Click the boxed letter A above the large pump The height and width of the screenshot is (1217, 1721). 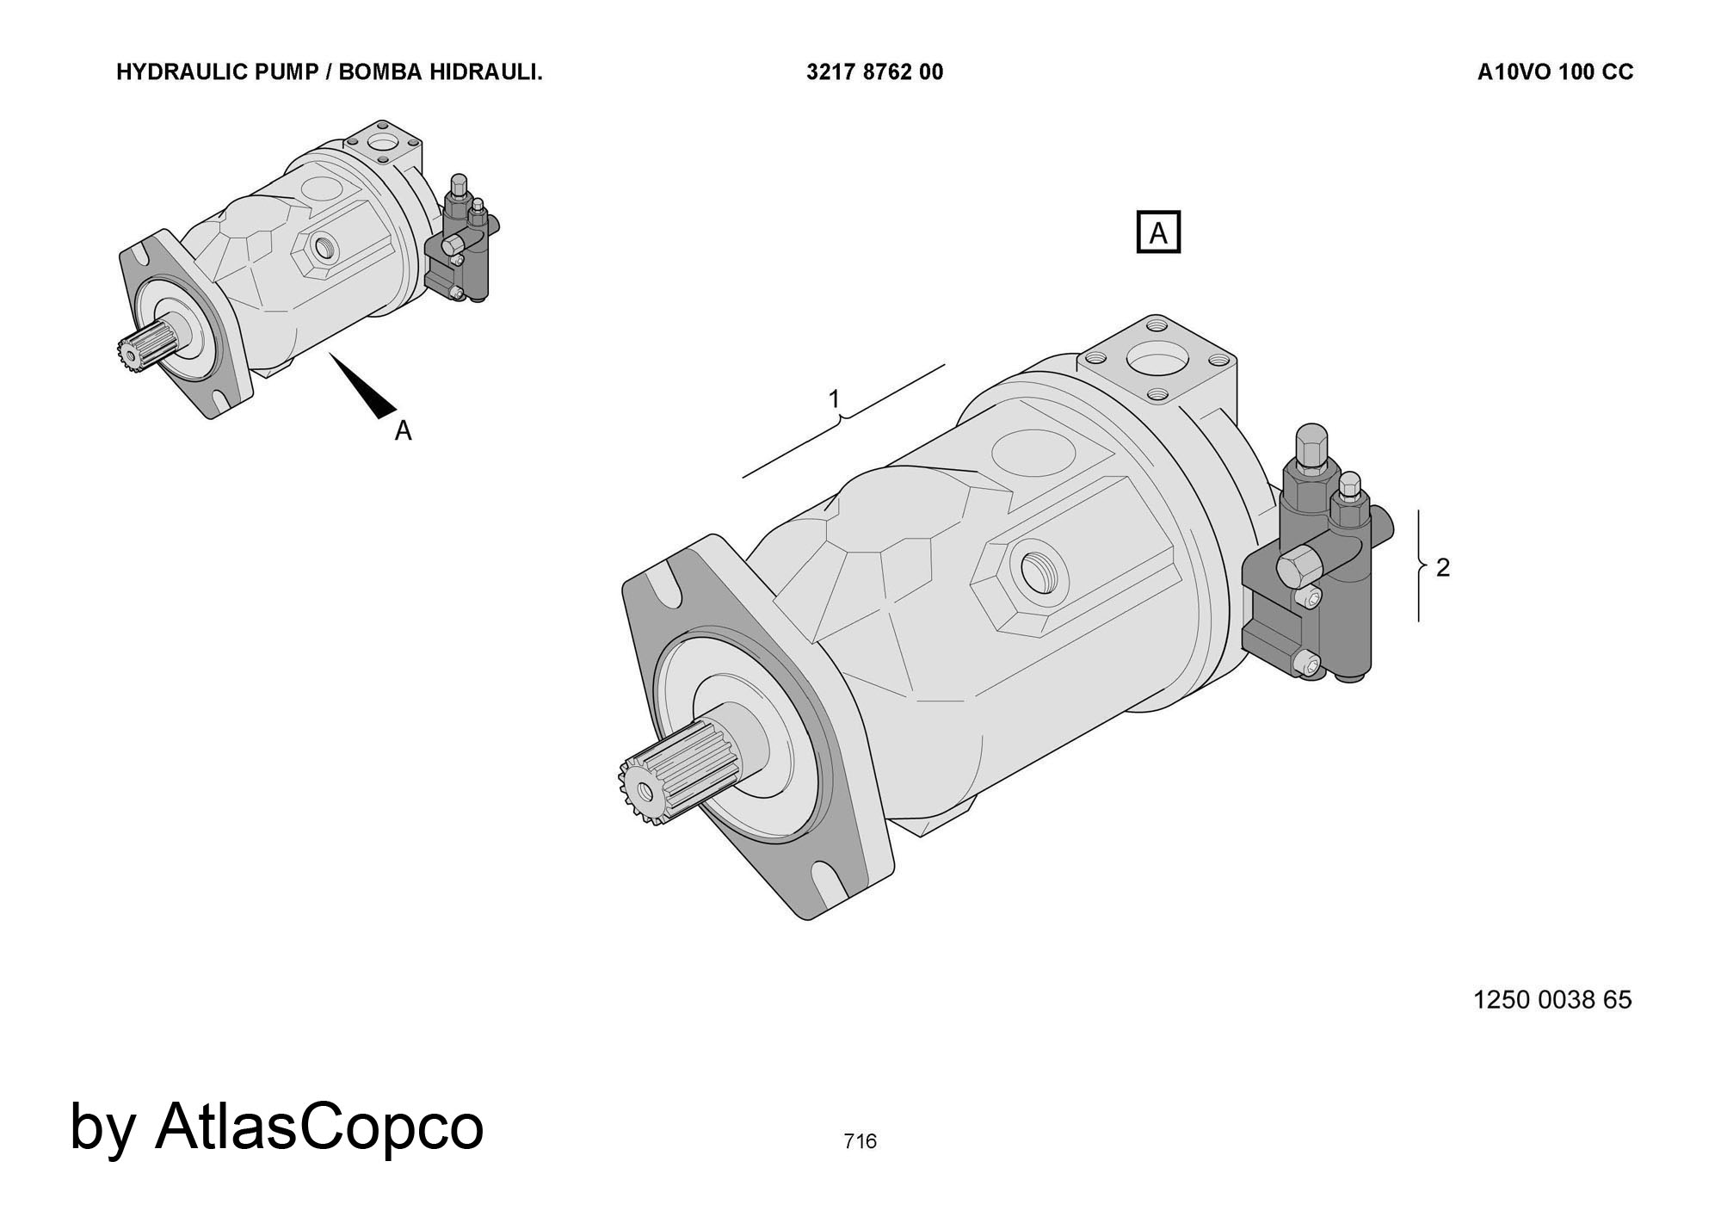pyautogui.click(x=1158, y=232)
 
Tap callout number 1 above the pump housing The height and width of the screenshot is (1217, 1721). pyautogui.click(x=834, y=398)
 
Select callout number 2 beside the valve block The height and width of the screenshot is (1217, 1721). pyautogui.click(x=1443, y=567)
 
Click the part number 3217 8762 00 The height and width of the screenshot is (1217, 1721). pyautogui.click(x=874, y=72)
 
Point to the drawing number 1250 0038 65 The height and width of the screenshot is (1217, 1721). pyautogui.click(x=1552, y=999)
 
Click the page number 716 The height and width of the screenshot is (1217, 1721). pyautogui.click(x=860, y=1141)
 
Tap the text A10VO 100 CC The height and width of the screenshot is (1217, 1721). pyautogui.click(x=1555, y=72)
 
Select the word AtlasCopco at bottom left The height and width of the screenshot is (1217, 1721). pyautogui.click(x=319, y=1127)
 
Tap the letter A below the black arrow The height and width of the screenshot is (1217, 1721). pyautogui.click(x=403, y=431)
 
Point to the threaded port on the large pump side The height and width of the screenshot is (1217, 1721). pyautogui.click(x=1042, y=571)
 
